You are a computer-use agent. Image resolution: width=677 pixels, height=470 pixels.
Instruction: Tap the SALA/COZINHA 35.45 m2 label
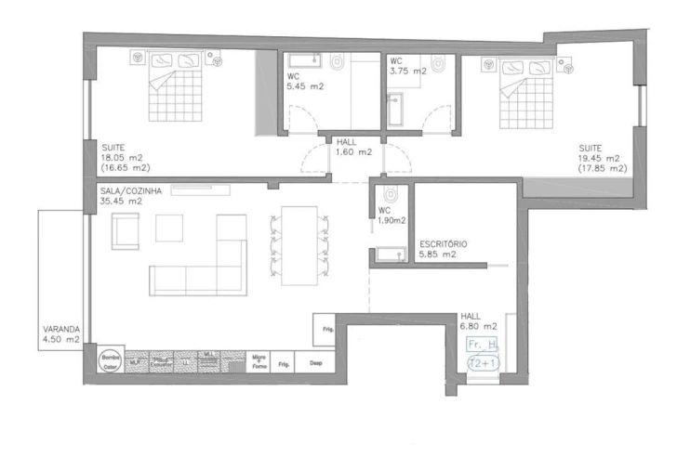pyautogui.click(x=131, y=195)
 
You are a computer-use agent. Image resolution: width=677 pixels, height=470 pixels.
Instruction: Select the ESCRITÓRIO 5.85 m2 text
pyautogui.click(x=443, y=249)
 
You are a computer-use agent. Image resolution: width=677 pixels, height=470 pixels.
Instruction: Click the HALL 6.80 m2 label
pyautogui.click(x=478, y=321)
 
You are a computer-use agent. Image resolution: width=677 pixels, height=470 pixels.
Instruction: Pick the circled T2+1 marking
pyautogui.click(x=483, y=363)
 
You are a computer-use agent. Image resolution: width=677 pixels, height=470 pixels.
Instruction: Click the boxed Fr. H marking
pyautogui.click(x=483, y=344)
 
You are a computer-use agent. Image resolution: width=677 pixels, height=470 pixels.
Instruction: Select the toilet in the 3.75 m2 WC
pyautogui.click(x=438, y=62)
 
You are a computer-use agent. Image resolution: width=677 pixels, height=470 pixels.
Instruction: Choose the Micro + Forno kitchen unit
pyautogui.click(x=259, y=361)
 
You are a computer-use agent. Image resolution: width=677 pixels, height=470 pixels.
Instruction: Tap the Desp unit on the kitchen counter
pyautogui.click(x=315, y=362)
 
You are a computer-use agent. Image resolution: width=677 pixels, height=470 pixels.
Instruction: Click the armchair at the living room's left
pyautogui.click(x=125, y=231)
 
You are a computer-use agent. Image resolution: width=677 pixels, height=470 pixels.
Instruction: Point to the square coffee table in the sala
pyautogui.click(x=169, y=228)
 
